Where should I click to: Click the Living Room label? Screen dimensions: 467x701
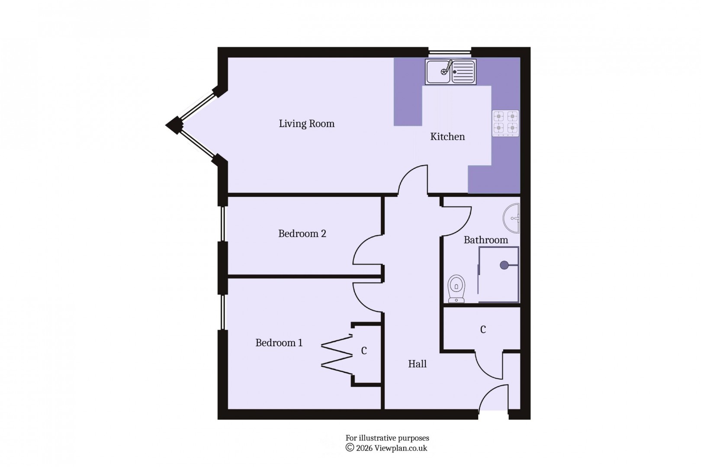coord(306,124)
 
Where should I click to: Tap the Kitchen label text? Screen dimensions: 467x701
coord(447,137)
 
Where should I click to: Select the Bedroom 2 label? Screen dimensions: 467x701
coord(302,233)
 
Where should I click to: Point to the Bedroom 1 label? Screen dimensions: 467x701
coord(279,343)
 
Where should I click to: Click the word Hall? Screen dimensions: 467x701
coord(417,364)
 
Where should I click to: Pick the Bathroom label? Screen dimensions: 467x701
coord(486,240)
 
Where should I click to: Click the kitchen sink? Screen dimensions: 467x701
coord(450,72)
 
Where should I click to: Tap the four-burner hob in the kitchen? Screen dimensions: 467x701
coord(505,123)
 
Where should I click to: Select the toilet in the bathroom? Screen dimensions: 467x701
coord(457,289)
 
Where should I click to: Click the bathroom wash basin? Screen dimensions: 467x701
coord(512,218)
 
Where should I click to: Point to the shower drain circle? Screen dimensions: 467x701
coord(504,265)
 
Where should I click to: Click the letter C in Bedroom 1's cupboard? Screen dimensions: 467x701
coord(364,351)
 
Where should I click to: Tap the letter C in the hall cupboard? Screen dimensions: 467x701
coord(483,329)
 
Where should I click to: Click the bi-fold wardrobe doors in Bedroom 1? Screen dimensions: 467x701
coord(337,355)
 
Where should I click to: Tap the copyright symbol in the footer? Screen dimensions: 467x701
coord(350,448)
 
